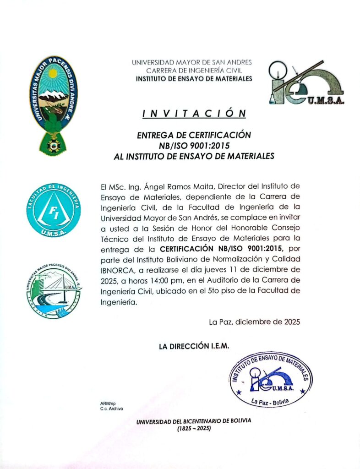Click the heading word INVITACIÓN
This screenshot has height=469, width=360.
click(194, 113)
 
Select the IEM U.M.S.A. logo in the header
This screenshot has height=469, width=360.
click(306, 83)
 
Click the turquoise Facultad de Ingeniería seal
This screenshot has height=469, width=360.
click(53, 211)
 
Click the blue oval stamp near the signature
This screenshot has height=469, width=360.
click(270, 380)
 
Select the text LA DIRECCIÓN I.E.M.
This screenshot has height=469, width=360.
click(194, 347)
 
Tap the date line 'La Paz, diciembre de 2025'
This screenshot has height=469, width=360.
click(254, 322)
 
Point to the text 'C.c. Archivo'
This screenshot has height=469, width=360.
click(111, 409)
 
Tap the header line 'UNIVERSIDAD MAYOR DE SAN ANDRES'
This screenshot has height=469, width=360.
click(192, 62)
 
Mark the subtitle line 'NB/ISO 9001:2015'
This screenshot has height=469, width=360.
click(194, 146)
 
